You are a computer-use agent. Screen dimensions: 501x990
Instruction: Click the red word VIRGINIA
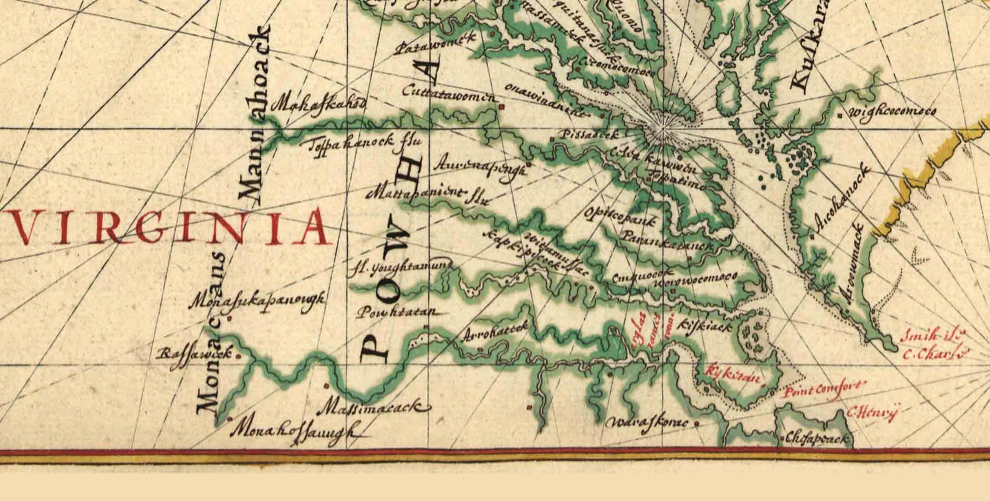[167, 228]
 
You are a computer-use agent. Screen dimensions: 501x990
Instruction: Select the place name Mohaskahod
[320, 104]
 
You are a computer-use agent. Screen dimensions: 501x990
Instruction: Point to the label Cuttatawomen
[449, 93]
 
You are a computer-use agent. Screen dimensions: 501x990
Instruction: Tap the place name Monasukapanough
[257, 300]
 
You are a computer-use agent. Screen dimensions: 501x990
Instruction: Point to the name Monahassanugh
[296, 431]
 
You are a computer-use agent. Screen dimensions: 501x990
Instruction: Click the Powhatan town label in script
[396, 313]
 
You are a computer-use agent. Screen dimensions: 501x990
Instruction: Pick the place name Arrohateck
[496, 332]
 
